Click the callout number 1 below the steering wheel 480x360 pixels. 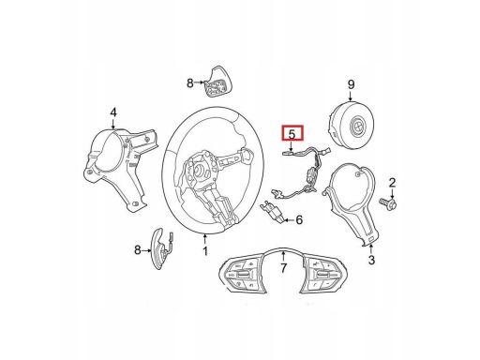[205, 250]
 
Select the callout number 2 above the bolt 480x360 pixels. [392, 183]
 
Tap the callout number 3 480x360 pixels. [371, 260]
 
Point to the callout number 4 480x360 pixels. [113, 112]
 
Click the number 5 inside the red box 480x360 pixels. [292, 134]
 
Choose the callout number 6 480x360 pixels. [299, 220]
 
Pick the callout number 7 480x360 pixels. [283, 268]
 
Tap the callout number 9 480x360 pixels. [351, 84]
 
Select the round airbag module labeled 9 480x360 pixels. [351, 125]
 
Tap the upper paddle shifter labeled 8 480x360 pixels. [216, 82]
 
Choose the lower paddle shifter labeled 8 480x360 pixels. [161, 249]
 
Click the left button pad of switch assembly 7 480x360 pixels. [242, 275]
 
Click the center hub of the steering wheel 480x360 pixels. [200, 171]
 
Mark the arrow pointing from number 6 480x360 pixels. [289, 220]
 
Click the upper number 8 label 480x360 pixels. [190, 83]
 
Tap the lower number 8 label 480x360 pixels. [138, 250]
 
